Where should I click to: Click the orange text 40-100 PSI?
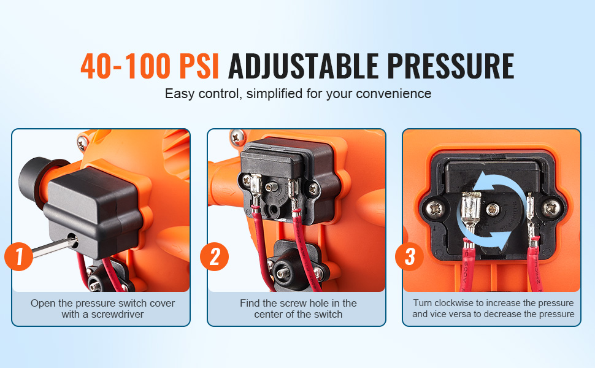click(150, 66)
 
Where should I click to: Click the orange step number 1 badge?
click(18, 256)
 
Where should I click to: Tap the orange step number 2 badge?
click(215, 256)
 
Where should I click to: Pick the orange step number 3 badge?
click(409, 256)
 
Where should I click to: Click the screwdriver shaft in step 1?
click(54, 246)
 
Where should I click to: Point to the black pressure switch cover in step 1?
click(94, 210)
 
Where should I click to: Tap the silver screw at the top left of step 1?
click(82, 143)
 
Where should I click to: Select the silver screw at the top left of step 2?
click(237, 136)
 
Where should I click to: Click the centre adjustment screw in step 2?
click(270, 186)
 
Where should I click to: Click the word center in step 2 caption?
click(269, 315)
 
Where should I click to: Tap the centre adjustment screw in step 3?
click(493, 209)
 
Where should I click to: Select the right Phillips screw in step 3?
click(551, 208)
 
